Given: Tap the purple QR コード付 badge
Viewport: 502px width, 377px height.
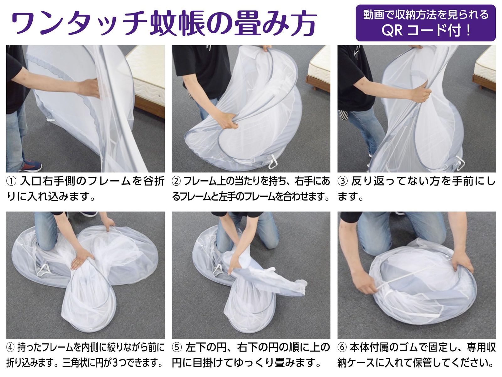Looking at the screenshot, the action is tap(426, 23).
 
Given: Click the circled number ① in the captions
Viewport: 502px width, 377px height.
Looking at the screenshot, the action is tap(11, 182).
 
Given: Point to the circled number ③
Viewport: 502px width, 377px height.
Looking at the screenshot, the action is tap(342, 182).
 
